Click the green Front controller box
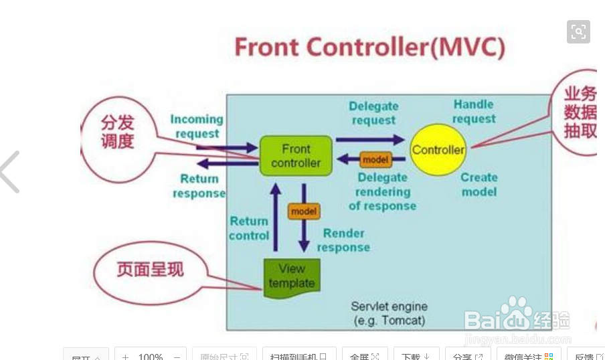point(296,156)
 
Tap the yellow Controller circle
point(438,150)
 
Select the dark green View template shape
point(292,276)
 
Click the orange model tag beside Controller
point(375,160)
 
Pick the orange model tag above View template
point(303,211)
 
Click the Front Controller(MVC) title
point(369,48)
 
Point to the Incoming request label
point(196,126)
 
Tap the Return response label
point(199,186)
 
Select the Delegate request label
point(373,113)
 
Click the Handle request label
point(474,111)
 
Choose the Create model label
point(479,185)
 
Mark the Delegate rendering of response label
point(382,191)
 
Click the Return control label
point(249,228)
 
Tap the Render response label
point(343,240)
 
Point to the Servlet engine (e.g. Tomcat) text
point(390,313)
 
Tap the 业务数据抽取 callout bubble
point(579,112)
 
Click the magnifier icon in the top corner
point(578,31)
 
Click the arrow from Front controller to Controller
point(369,139)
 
